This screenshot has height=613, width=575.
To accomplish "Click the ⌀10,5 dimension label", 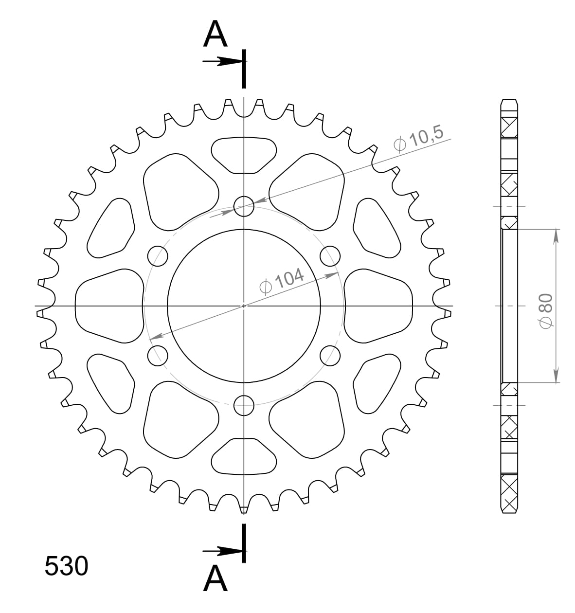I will [419, 140].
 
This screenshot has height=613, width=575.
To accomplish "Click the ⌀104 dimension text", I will [282, 281].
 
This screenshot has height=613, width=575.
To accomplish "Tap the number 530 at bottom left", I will [66, 566].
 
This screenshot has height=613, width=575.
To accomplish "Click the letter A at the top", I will [216, 35].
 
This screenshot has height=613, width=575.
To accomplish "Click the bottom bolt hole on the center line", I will [244, 405].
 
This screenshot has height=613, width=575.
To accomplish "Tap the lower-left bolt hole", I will [157, 355].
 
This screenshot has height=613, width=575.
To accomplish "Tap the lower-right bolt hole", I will [330, 355].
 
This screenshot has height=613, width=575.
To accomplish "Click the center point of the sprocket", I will [244, 306].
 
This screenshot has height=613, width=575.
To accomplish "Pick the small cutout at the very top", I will [244, 155].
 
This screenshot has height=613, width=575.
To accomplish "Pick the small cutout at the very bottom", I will [244, 456].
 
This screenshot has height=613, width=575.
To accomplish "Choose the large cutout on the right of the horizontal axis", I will [378, 306].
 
